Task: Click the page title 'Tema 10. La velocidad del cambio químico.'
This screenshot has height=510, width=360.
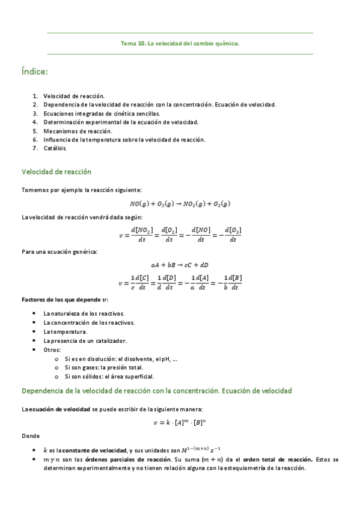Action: (180, 43)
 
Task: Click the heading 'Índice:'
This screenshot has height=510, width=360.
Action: (34, 72)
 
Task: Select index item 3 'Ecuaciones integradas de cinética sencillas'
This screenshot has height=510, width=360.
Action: (102, 113)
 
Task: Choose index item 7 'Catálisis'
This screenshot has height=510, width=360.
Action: (55, 148)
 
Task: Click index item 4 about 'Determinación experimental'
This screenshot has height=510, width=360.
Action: (120, 121)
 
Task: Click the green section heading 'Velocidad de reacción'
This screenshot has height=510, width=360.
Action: (56, 171)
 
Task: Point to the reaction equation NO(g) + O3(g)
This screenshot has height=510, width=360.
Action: (180, 203)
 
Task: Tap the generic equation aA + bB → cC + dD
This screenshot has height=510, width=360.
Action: (180, 265)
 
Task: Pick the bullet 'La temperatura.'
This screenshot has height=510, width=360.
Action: (65, 331)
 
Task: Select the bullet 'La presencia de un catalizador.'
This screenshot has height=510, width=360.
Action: (85, 340)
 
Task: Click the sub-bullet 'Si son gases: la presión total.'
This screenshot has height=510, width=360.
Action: (103, 367)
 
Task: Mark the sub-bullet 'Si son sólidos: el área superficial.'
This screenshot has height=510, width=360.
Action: (109, 376)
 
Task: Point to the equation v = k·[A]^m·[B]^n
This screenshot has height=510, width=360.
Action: (180, 422)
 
